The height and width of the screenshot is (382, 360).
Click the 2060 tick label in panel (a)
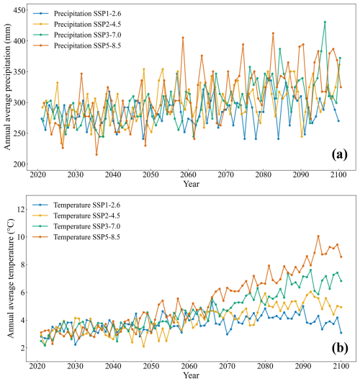[188, 175]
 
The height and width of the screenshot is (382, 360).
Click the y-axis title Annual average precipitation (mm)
[7, 86]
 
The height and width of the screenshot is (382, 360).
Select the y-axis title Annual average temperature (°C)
[7, 277]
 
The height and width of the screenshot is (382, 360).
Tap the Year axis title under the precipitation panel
[188, 185]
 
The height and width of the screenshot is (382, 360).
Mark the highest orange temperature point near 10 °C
[318, 236]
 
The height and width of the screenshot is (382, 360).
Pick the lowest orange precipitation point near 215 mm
[96, 154]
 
